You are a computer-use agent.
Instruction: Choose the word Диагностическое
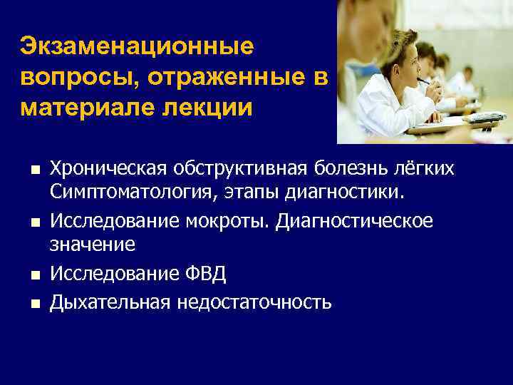tap(356, 221)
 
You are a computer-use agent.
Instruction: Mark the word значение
tap(92, 247)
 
